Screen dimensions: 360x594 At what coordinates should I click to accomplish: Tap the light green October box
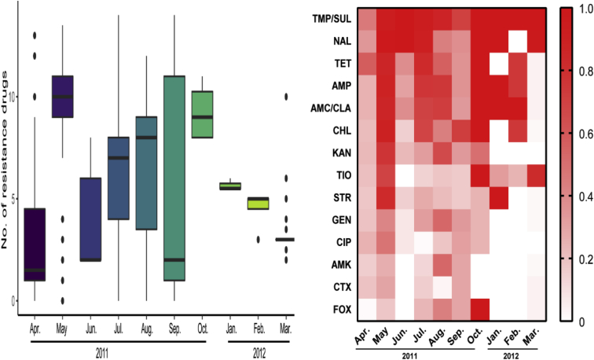(203, 115)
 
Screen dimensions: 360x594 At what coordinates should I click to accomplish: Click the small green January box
(229, 186)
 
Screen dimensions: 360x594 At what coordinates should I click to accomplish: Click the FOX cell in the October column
(479, 308)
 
